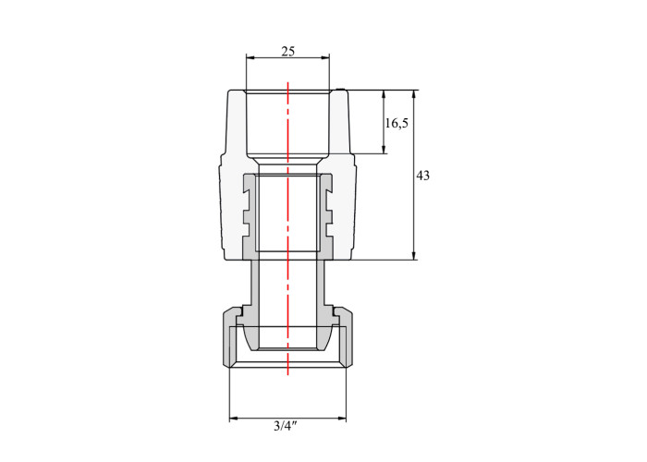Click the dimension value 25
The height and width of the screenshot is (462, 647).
288,52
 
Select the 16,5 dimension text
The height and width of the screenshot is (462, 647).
397,123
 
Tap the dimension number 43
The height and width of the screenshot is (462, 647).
422,176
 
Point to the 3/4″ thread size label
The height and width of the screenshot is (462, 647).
286,426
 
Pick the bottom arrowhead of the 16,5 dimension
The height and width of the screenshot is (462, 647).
384,150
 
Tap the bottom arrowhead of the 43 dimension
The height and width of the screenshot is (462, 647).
414,256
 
